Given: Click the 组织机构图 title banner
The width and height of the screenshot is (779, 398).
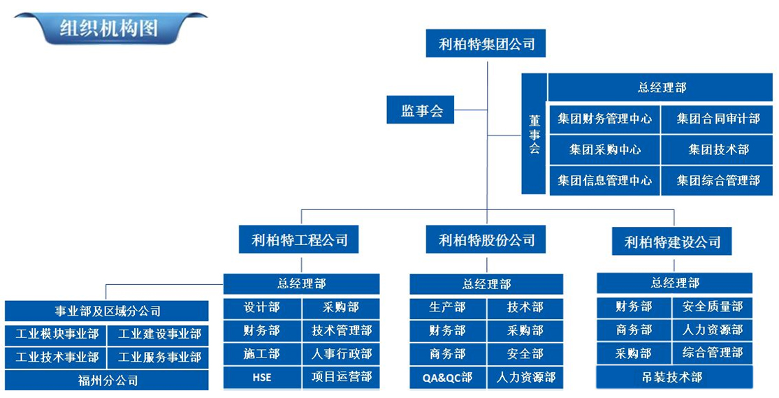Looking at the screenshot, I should click(x=109, y=29).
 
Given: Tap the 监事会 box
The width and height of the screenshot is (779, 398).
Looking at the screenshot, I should click(x=422, y=110).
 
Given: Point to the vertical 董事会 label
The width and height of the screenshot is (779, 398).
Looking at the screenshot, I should click(x=534, y=134).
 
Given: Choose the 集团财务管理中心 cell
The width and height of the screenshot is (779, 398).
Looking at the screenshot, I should click(x=604, y=119).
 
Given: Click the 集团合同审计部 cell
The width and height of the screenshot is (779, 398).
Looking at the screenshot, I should click(x=718, y=119).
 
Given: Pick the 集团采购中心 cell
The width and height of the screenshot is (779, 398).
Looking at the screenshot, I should click(x=604, y=149).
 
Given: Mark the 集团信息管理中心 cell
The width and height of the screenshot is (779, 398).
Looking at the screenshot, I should click(x=604, y=180).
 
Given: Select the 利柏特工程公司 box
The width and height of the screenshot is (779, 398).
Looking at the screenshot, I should click(x=300, y=240).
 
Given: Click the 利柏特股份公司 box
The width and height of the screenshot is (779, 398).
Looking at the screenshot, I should click(x=486, y=240).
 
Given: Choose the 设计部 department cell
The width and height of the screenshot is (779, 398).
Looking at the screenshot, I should click(x=262, y=308).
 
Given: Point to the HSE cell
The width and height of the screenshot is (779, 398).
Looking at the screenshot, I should click(x=262, y=378).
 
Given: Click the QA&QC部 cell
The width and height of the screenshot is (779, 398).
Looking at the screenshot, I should click(x=448, y=378).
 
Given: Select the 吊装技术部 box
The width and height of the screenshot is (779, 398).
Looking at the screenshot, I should click(x=674, y=378).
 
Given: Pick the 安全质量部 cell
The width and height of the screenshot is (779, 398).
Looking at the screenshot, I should click(x=713, y=307).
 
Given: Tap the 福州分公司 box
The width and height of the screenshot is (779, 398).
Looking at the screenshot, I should click(x=107, y=381).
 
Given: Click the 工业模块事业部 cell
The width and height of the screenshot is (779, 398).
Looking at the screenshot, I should click(x=57, y=334).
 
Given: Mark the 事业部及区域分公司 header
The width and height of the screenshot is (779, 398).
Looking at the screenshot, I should click(x=107, y=311).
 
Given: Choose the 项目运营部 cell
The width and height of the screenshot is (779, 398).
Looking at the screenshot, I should click(x=341, y=378).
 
